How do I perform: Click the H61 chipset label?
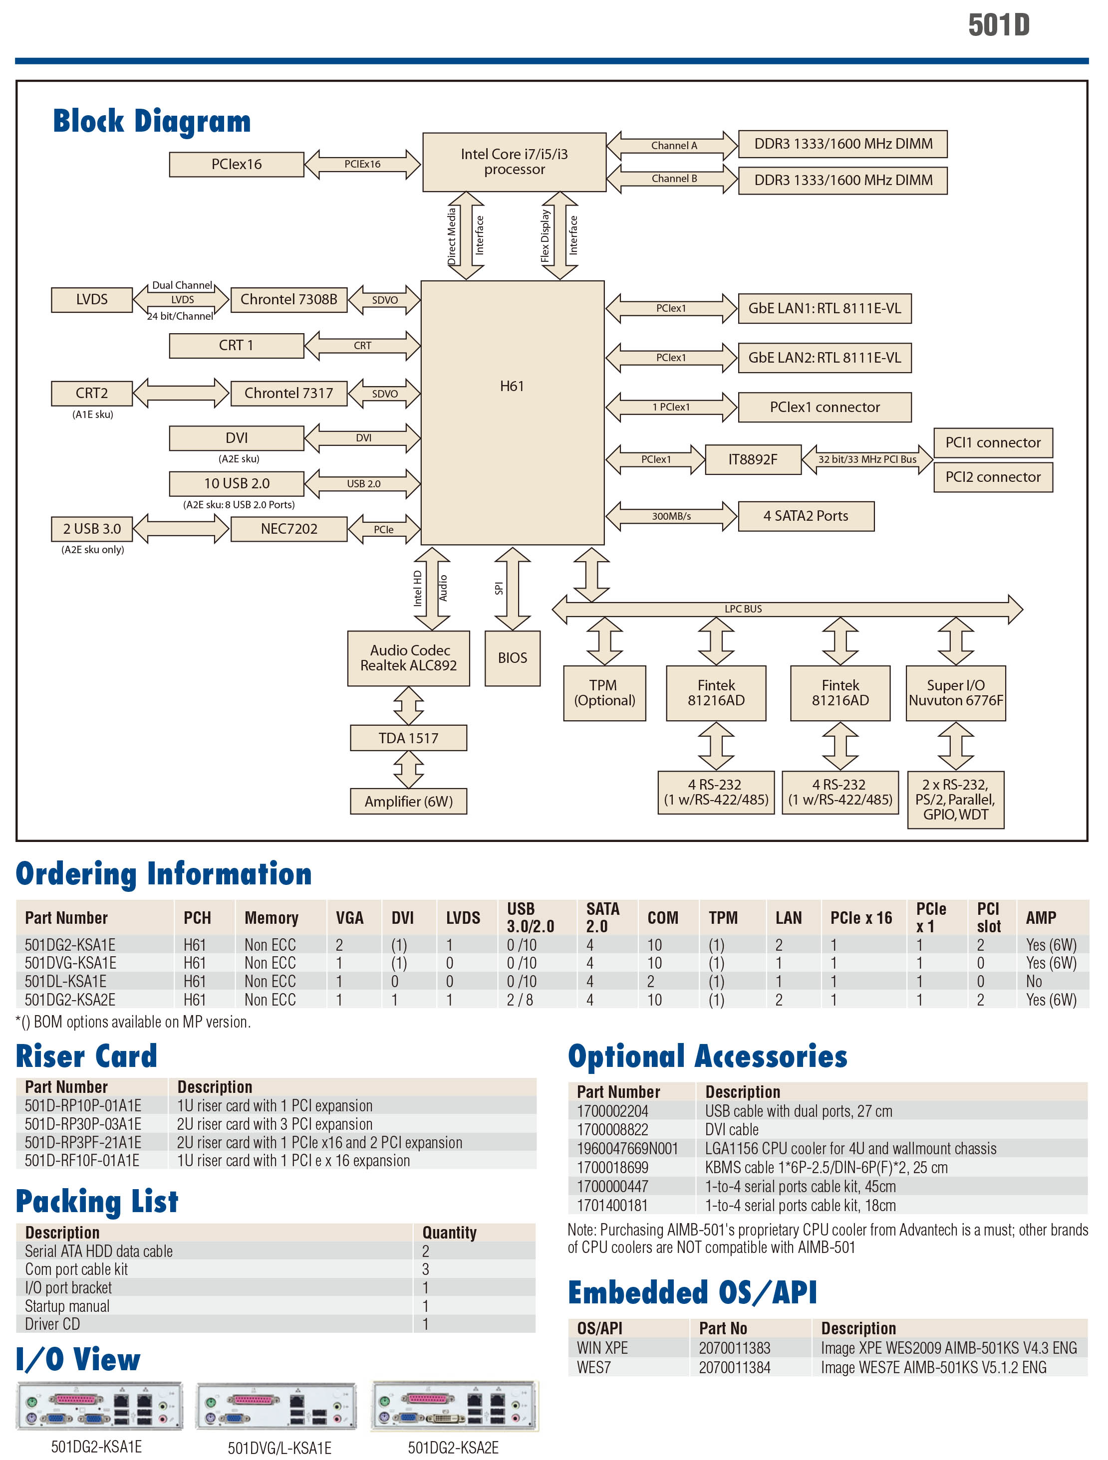512,386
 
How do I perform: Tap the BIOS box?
513,658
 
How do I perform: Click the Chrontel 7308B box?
288,300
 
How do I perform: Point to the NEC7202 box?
288,529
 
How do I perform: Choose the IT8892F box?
753,459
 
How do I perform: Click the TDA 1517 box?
408,738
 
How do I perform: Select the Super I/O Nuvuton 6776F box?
955,693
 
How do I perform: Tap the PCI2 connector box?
992,477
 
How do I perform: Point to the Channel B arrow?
673,179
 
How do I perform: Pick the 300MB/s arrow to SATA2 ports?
671,516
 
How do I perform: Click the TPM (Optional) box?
604,693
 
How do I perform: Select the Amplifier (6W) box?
408,801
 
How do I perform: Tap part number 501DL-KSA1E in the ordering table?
65,982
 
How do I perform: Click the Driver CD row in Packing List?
53,1324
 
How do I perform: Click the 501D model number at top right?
998,25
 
